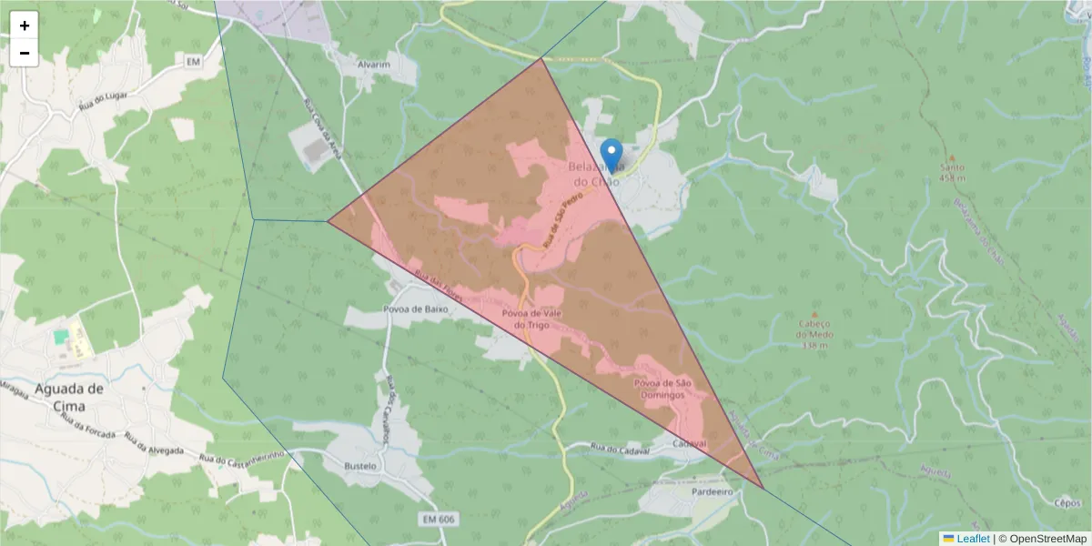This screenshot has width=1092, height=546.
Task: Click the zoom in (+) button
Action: coord(25,25)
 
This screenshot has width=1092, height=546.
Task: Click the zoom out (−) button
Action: coord(25,53)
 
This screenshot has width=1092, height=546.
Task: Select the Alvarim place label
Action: coord(373,66)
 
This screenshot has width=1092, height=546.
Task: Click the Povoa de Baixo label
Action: coord(418,309)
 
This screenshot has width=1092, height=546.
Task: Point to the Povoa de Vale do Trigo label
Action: coord(533,319)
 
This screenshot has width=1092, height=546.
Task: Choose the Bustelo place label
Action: coord(360,466)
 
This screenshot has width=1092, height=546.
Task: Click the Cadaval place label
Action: coord(689,443)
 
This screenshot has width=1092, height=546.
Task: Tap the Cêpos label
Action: coord(1066,502)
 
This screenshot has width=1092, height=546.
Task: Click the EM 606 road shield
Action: coord(439,519)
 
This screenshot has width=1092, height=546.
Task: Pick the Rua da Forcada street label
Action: coord(88,428)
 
